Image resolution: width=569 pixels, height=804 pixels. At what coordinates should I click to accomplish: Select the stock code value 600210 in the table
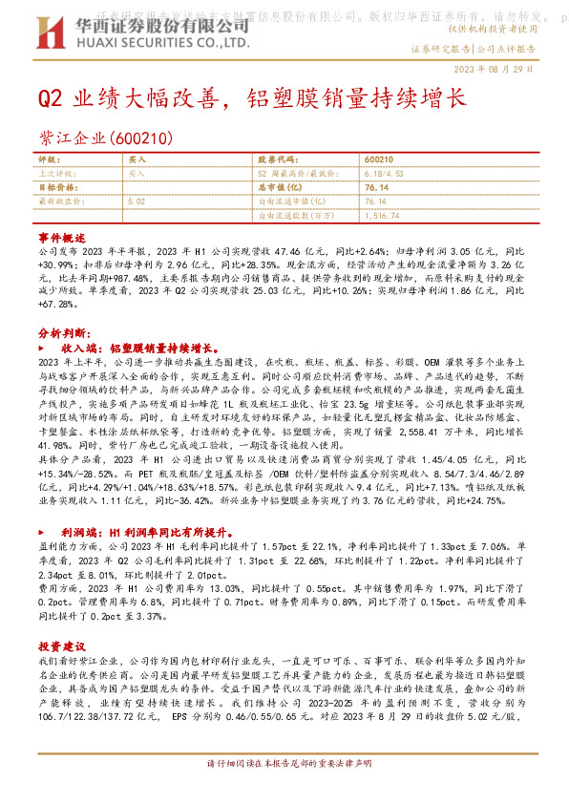tap(378, 160)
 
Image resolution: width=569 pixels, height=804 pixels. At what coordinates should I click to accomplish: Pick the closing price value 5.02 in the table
tap(136, 201)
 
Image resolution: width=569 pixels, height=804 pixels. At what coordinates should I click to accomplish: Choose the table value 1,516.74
tap(385, 216)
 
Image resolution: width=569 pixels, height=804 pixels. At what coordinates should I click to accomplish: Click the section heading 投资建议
tap(61, 645)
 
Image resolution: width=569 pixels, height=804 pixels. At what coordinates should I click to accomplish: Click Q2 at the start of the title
tap(50, 97)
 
